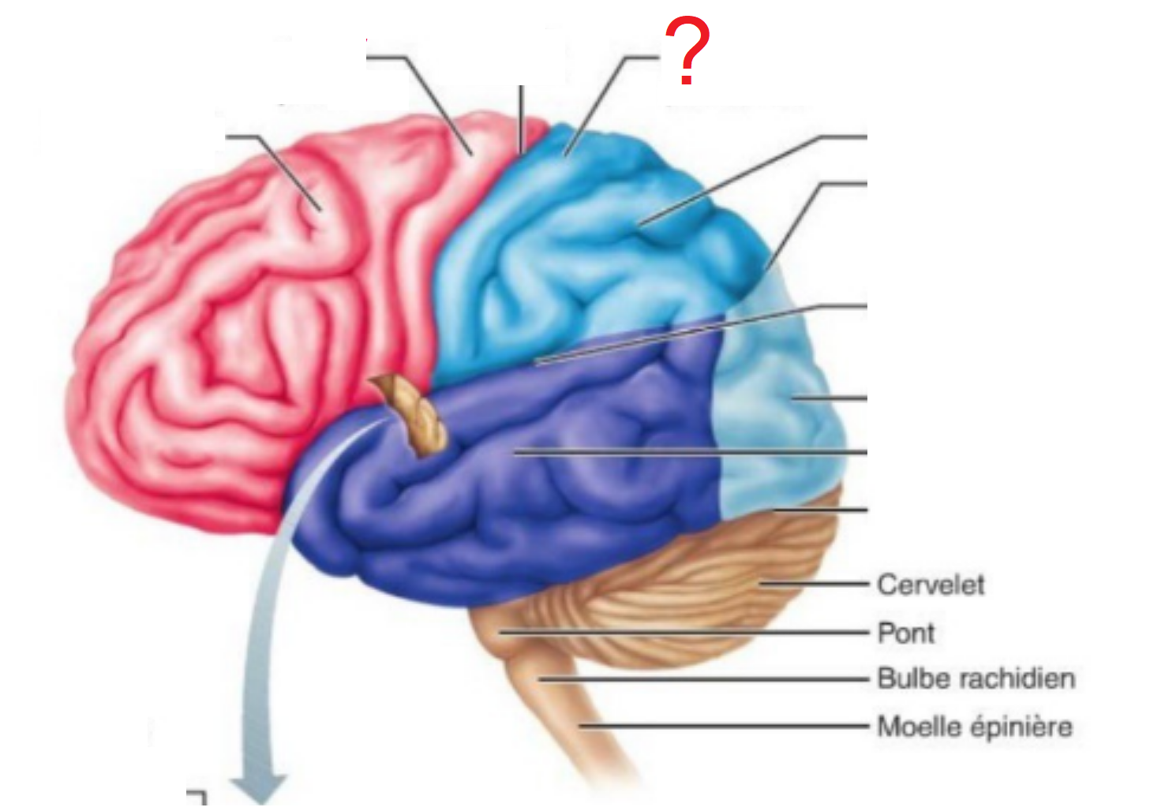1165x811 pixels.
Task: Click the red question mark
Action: tap(687, 52)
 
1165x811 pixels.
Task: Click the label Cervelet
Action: tap(931, 585)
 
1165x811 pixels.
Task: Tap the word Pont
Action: tap(906, 633)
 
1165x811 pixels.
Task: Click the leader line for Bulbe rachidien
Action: tap(702, 678)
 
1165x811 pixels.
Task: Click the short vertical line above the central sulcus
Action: tap(521, 118)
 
